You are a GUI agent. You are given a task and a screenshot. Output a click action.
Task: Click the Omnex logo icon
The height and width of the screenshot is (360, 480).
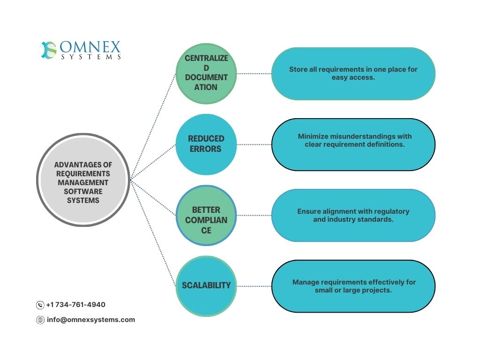click(49, 50)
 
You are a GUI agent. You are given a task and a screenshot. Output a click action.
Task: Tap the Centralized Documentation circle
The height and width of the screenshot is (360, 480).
click(206, 73)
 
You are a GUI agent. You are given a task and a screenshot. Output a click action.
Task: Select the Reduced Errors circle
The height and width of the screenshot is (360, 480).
click(206, 144)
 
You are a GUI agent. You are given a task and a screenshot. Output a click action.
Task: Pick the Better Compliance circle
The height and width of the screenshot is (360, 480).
click(206, 215)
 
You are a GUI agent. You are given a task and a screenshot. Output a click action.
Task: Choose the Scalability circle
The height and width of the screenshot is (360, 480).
click(206, 285)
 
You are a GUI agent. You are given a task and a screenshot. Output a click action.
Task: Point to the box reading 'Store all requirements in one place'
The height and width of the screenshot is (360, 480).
click(353, 74)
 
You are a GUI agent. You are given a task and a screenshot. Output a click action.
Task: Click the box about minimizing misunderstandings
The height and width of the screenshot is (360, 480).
click(353, 144)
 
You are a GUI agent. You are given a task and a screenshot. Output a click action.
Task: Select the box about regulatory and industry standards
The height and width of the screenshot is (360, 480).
click(353, 215)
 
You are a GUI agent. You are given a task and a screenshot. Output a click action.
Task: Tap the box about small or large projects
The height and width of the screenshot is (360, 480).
click(353, 286)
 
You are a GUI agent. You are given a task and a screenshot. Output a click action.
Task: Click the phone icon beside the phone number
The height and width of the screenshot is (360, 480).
click(40, 305)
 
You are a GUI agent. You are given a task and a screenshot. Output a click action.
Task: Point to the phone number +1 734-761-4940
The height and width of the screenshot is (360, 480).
click(75, 305)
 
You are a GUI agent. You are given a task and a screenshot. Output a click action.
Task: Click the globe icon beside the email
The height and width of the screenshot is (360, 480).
click(40, 320)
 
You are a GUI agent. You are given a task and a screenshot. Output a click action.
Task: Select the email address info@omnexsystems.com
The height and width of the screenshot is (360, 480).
click(91, 320)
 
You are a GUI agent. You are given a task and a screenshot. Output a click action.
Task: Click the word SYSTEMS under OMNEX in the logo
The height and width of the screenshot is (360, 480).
click(90, 57)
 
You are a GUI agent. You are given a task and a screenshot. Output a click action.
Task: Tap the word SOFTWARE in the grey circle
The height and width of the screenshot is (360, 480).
click(83, 191)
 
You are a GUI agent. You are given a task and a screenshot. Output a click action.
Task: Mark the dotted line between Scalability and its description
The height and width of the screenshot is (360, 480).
click(254, 286)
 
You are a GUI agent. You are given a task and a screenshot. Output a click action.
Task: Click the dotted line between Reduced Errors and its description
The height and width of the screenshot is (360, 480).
click(254, 144)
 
